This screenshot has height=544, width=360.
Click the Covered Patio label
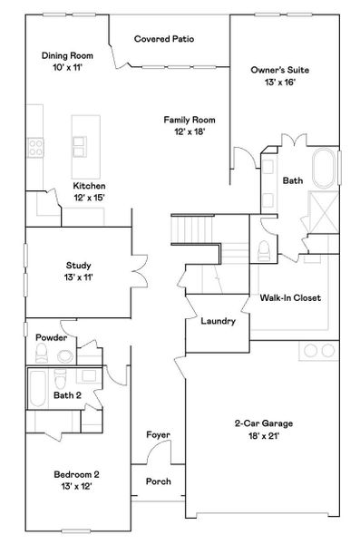pyautogui.click(x=163, y=39)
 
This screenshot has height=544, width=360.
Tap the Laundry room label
pyautogui.click(x=218, y=321)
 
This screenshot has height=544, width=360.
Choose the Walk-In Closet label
pyautogui.click(x=290, y=297)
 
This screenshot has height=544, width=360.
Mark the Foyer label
pyautogui.click(x=158, y=436)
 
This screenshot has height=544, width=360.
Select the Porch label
pyautogui.click(x=158, y=481)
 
